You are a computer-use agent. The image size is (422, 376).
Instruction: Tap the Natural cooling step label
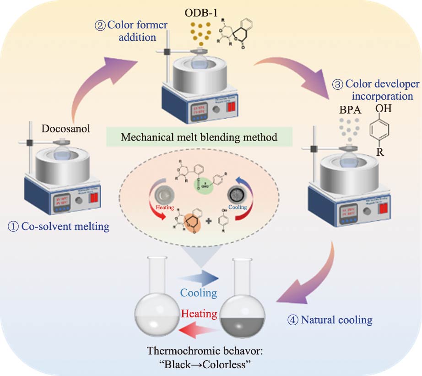click(x=331, y=319)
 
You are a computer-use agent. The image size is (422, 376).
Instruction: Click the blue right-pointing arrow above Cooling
click(x=198, y=278)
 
